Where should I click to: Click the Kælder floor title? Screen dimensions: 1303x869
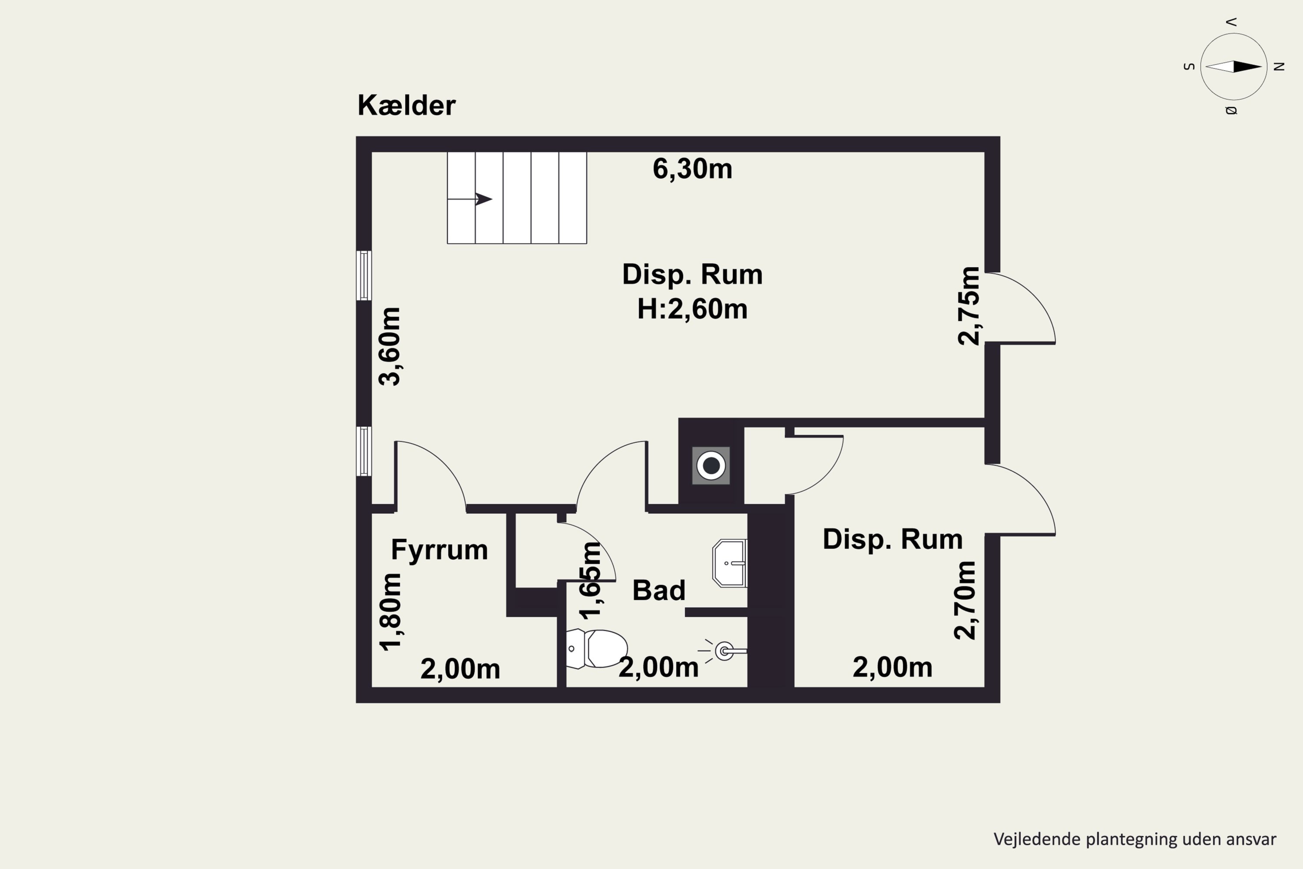[406, 105]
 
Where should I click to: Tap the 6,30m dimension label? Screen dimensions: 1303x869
[692, 169]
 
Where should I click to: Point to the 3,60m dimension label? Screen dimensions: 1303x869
[390, 346]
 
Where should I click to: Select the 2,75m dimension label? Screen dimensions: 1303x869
[969, 306]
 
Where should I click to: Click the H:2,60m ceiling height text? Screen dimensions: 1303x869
[692, 308]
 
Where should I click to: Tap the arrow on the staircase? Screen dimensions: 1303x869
[470, 199]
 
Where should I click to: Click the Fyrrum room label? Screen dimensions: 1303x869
[439, 550]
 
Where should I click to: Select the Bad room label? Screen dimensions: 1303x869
[659, 590]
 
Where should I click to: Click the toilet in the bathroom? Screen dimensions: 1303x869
[597, 648]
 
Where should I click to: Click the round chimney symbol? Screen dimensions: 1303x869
[711, 465]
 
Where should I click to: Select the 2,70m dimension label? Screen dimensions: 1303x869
[965, 600]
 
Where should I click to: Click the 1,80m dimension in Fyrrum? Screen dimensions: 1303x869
[390, 612]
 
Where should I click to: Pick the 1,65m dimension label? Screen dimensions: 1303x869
[590, 580]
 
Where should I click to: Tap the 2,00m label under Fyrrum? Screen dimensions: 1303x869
[460, 669]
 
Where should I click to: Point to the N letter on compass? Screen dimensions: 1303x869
[1279, 66]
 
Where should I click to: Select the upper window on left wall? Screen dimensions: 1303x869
[364, 275]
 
